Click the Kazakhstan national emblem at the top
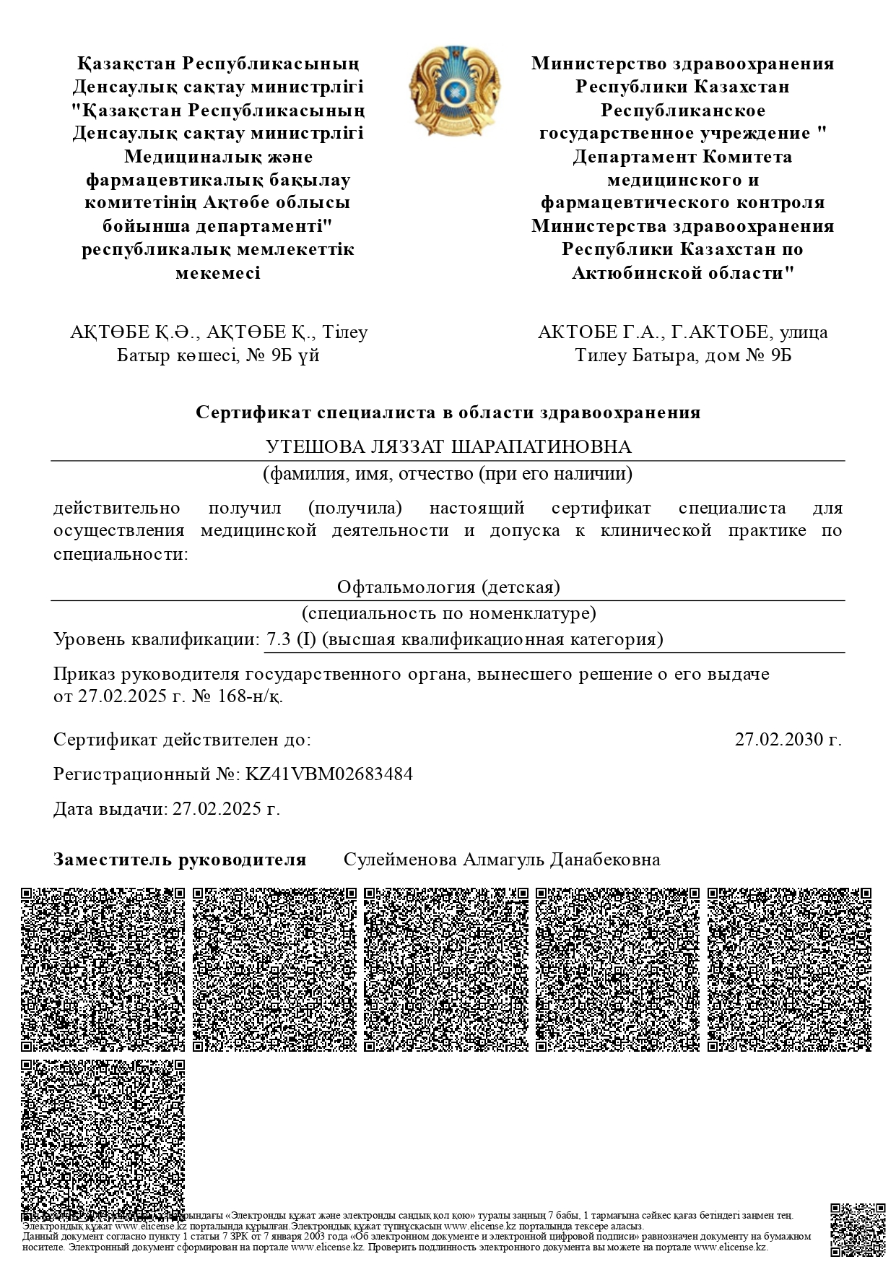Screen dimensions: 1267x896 click(x=454, y=91)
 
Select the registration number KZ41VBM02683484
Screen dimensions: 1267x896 click(x=329, y=774)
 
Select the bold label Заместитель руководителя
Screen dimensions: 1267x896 click(x=180, y=860)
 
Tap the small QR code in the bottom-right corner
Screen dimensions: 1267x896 click(x=858, y=1230)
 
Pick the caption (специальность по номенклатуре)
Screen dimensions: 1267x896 click(x=448, y=614)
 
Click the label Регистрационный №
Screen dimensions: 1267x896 click(x=147, y=774)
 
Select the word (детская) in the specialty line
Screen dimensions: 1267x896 click(x=521, y=587)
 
